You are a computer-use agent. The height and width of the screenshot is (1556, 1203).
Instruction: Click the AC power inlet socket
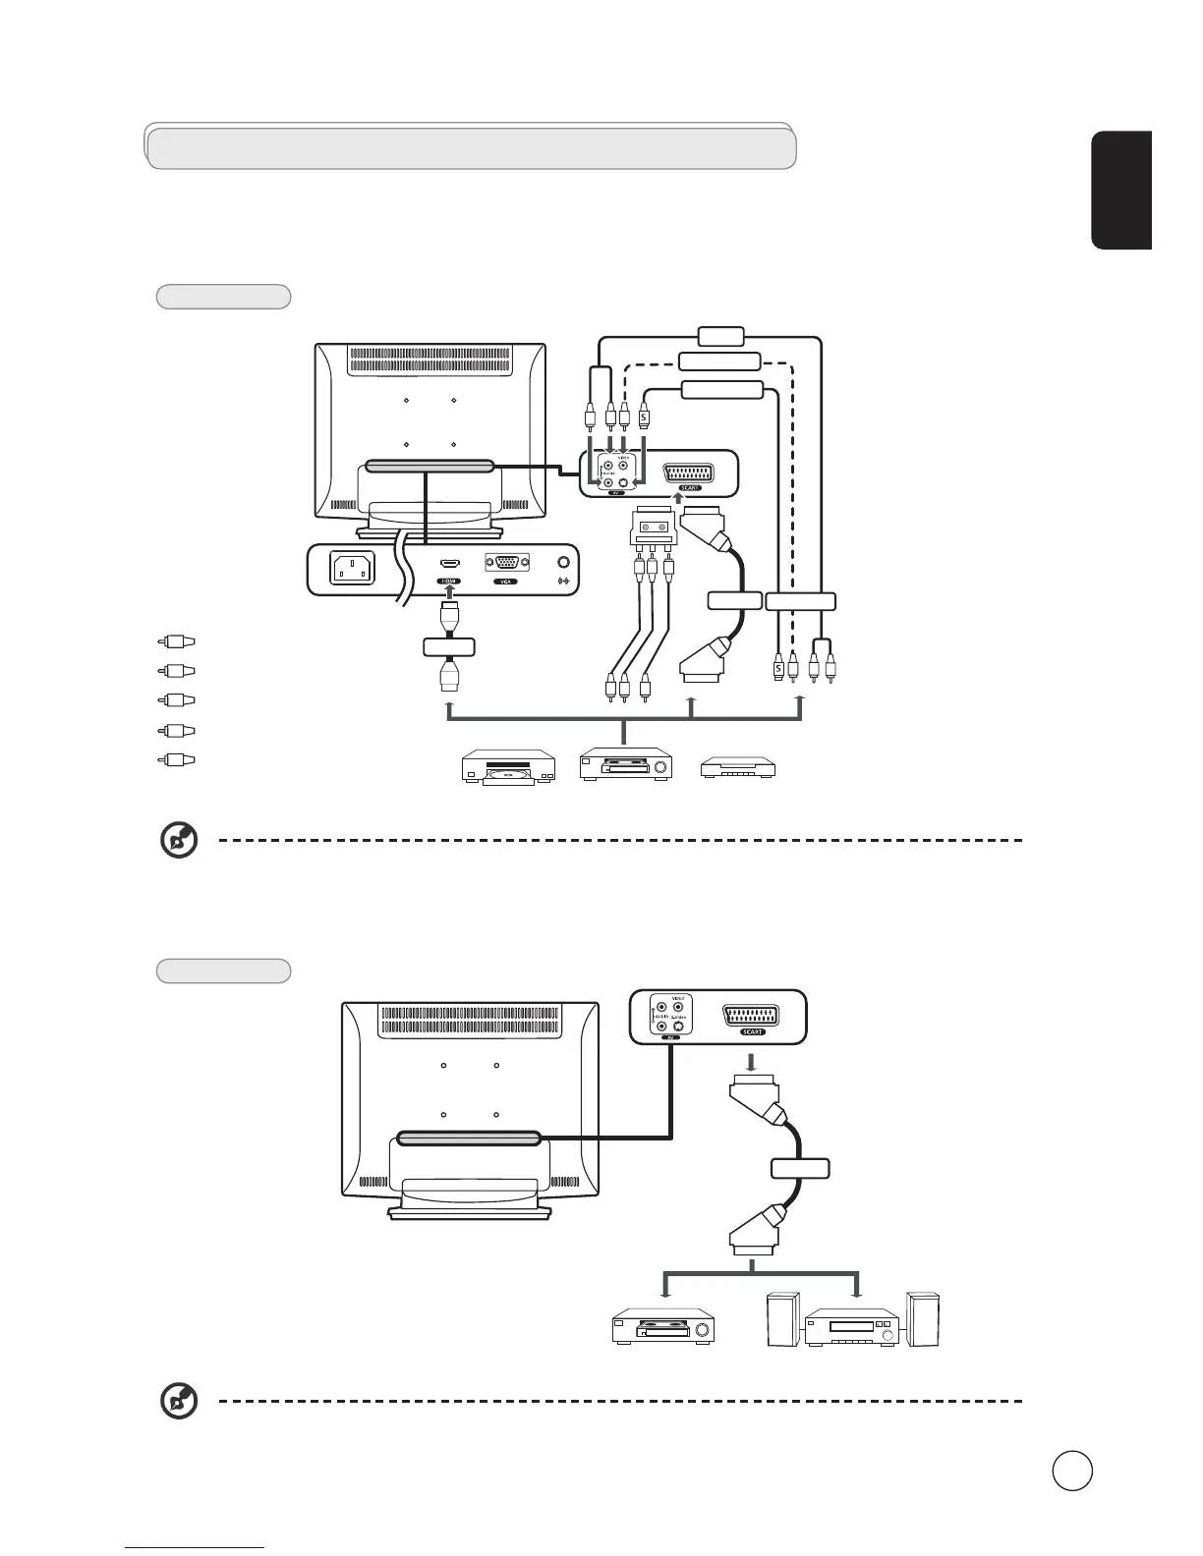coord(353,568)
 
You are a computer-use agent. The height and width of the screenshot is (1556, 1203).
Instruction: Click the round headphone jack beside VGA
coord(563,563)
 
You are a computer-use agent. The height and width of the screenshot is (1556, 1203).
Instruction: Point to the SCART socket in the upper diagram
coord(689,472)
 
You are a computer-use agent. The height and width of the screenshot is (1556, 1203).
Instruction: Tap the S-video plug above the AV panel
coord(644,417)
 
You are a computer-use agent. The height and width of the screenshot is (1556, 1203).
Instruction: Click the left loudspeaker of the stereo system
coord(782,1318)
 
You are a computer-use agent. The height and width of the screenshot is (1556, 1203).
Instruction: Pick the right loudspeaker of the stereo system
coord(924,1318)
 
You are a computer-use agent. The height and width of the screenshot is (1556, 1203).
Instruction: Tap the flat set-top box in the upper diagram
coord(742,768)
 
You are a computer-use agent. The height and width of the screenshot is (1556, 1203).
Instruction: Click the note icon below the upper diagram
coord(179,841)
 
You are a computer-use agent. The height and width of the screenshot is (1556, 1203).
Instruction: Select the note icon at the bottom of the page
coord(179,1402)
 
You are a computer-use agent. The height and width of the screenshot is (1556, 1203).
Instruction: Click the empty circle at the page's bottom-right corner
coord(1072,1471)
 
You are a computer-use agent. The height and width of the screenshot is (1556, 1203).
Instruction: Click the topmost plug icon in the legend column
coord(176,641)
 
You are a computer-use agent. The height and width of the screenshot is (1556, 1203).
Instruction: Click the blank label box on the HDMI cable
coord(449,646)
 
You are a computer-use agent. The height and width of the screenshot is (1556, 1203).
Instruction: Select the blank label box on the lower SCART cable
coord(800,1169)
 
